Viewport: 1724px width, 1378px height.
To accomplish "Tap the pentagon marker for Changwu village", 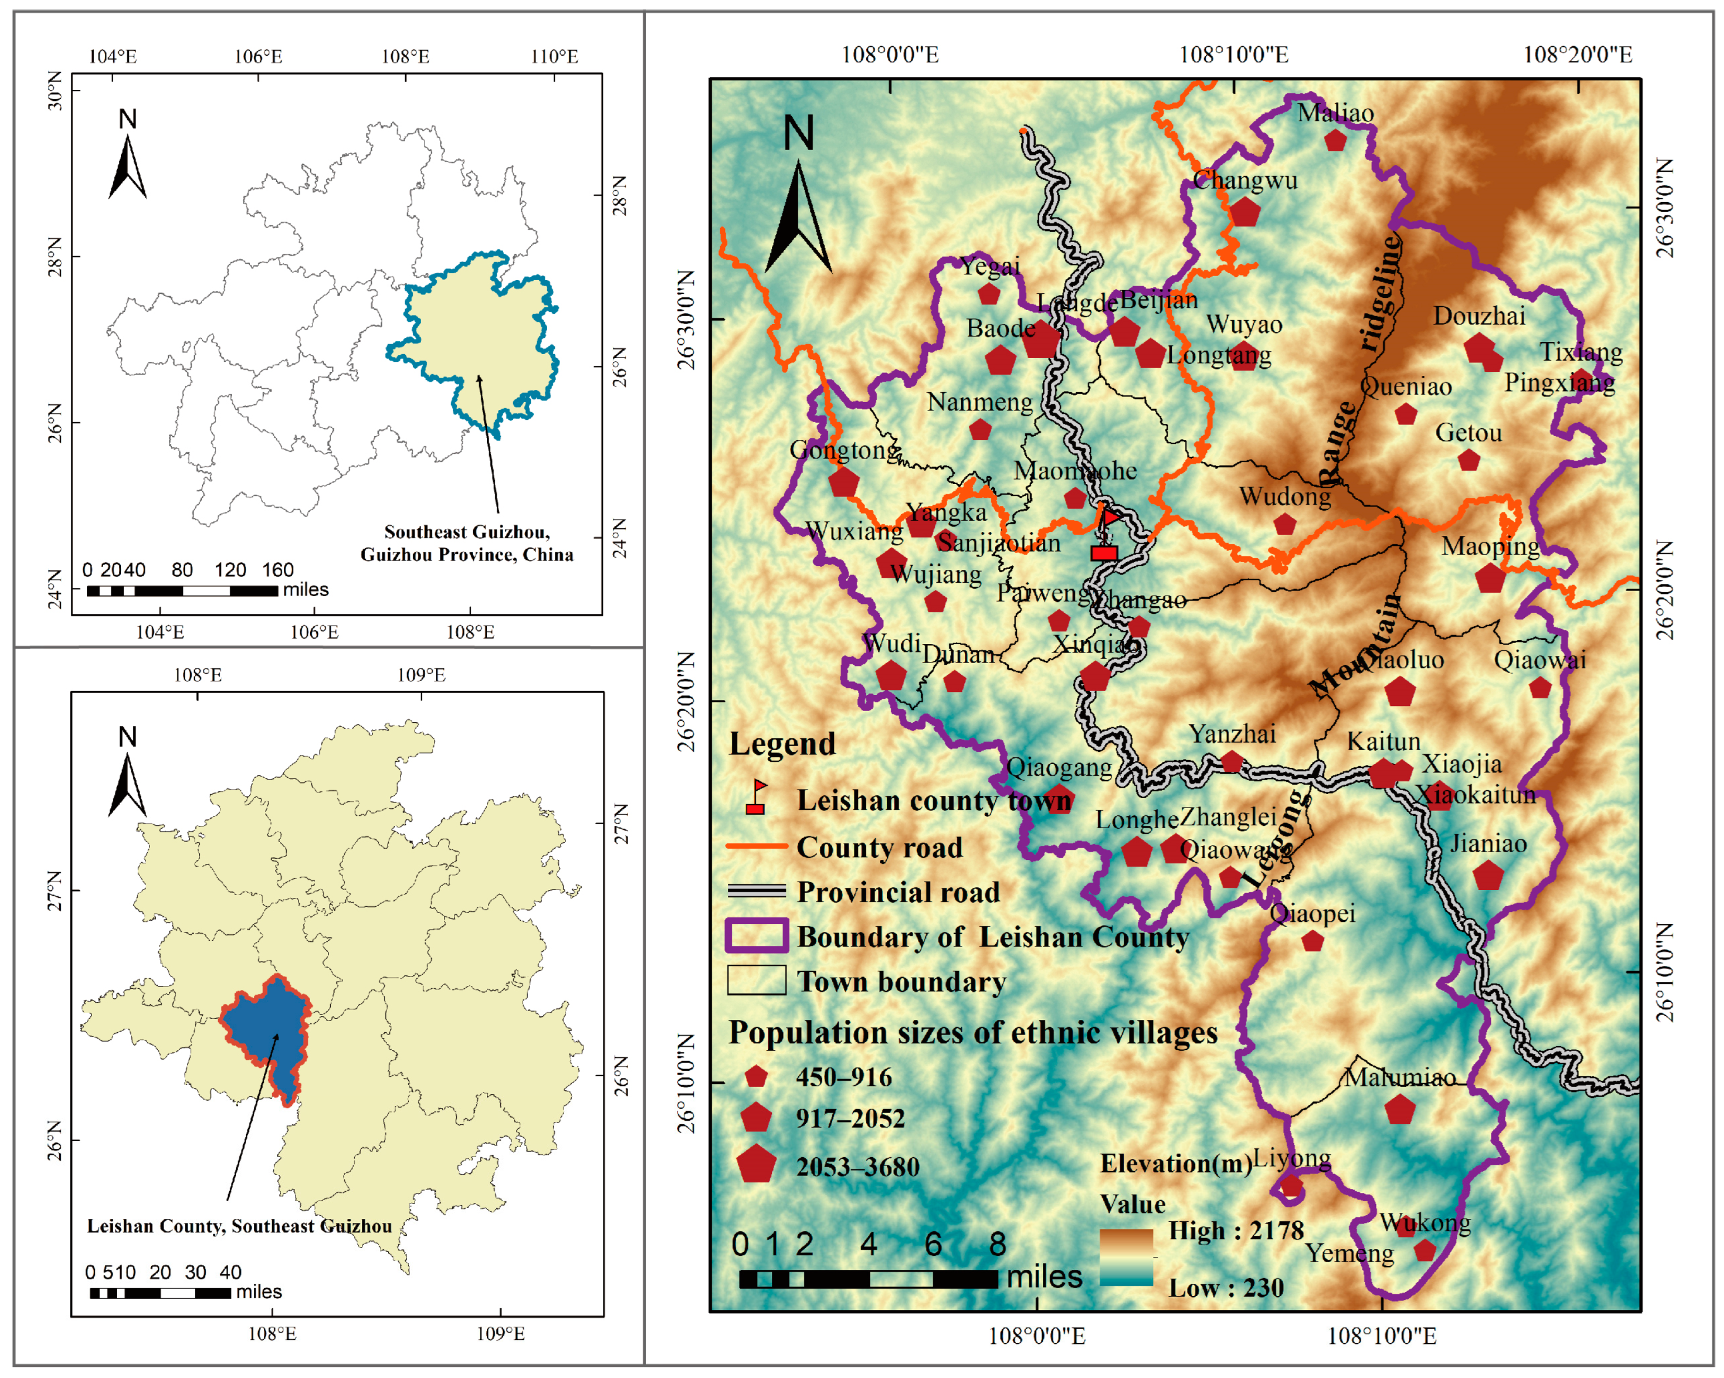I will (1244, 212).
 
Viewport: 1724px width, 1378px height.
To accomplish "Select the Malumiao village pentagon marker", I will (1399, 1110).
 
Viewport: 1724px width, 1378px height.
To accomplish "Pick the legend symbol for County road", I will (756, 845).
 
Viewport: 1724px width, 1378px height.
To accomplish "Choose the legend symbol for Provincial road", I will (756, 891).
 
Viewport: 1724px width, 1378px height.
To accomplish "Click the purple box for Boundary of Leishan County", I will (756, 935).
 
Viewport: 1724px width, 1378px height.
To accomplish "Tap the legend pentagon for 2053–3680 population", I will (756, 1164).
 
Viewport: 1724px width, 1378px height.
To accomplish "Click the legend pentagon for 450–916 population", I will (756, 1077).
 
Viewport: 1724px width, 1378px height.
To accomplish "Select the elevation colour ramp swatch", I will (1126, 1258).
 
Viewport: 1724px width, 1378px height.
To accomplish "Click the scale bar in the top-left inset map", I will (182, 591).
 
